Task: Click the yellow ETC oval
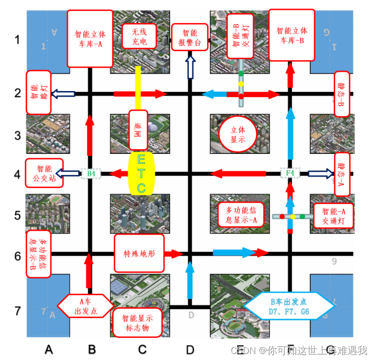(x=141, y=174)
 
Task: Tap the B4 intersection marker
(x=91, y=174)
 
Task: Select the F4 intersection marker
(x=290, y=173)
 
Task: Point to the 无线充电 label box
(x=139, y=36)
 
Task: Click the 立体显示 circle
(x=238, y=135)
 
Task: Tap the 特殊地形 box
(x=139, y=253)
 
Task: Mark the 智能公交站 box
(x=44, y=173)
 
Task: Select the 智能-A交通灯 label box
(x=333, y=216)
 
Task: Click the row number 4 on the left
(x=17, y=174)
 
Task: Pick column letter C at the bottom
(x=142, y=349)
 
